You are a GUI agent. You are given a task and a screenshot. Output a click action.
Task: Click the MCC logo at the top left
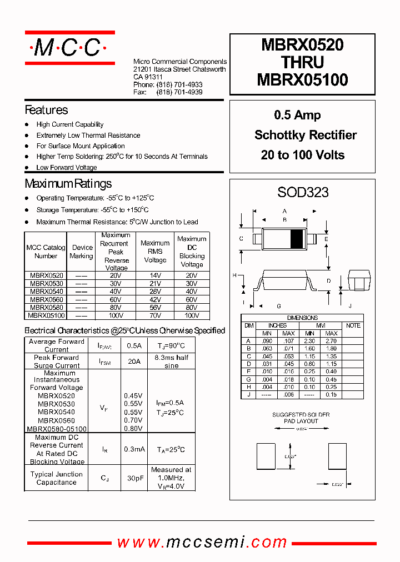coord(69,48)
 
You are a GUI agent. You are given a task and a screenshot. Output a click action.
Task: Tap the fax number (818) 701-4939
coord(179,92)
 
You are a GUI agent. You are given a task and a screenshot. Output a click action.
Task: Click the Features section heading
coord(46,110)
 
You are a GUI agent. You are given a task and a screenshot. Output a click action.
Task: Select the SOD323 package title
coord(303,192)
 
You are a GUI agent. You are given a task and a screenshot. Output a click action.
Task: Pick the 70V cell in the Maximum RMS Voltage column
coord(155,315)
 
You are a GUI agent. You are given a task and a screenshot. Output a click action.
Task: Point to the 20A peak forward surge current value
coord(133,361)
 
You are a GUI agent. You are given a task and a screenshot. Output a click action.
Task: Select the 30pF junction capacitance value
coord(133,478)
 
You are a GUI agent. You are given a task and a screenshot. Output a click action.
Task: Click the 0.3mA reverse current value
coord(133,449)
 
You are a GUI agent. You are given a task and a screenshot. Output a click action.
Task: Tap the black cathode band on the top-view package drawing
coord(298,238)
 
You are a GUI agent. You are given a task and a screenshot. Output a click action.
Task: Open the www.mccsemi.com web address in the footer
coord(202,542)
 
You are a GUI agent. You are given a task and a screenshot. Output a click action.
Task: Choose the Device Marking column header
coord(82,252)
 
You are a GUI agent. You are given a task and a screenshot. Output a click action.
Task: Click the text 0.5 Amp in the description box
coord(297,115)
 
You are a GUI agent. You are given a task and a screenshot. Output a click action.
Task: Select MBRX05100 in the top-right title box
coord(302,80)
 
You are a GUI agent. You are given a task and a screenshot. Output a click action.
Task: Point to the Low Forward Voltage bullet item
coord(67,167)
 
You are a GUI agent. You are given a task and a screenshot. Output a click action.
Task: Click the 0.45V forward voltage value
coord(133,396)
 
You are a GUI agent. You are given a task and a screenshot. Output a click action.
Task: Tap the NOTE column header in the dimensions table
coord(353,325)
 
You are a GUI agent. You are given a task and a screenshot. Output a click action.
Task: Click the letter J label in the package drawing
coord(349,306)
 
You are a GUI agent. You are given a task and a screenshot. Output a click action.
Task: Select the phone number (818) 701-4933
coord(179,84)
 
